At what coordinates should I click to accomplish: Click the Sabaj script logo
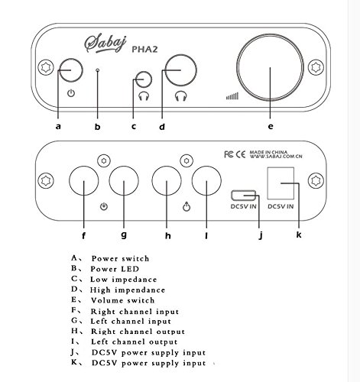(105, 44)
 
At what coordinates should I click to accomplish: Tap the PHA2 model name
(144, 49)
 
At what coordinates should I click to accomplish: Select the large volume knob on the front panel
(270, 67)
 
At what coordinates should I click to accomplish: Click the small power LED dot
(98, 70)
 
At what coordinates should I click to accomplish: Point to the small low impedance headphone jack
(144, 79)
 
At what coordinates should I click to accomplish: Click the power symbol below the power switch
(71, 93)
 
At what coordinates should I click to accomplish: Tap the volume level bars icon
(232, 96)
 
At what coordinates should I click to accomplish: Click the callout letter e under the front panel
(271, 126)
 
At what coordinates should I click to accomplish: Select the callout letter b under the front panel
(98, 126)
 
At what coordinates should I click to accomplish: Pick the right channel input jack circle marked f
(84, 181)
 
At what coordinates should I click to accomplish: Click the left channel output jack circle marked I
(206, 181)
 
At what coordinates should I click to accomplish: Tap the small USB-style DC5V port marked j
(243, 196)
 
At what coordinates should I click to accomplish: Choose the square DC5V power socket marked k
(281, 183)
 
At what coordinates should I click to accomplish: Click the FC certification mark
(229, 154)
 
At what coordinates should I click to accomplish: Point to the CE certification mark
(240, 154)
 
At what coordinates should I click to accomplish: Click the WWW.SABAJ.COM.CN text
(276, 157)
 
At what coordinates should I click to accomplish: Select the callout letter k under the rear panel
(299, 235)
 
